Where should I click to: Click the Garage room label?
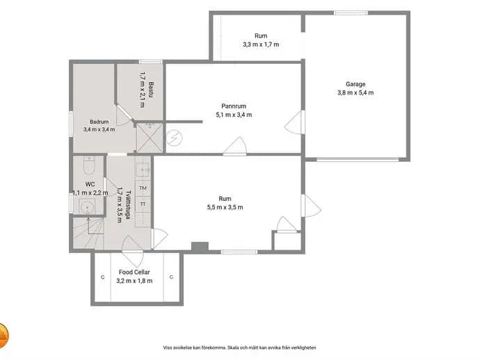[x=355, y=84]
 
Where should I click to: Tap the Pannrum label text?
[x=234, y=106]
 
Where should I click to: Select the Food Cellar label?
[x=134, y=272]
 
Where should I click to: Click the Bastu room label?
[x=151, y=90]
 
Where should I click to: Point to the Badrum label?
[x=99, y=122]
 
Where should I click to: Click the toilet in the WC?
[x=89, y=165]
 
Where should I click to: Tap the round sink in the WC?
[x=87, y=207]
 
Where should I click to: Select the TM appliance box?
[x=143, y=188]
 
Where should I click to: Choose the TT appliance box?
[x=143, y=204]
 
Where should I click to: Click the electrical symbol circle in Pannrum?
[x=175, y=138]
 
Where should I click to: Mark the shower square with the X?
[x=149, y=138]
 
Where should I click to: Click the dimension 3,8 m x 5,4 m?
[x=355, y=92]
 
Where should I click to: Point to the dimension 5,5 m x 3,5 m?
[x=225, y=207]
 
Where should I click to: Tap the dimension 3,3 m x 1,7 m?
[x=261, y=44]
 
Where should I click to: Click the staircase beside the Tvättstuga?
[x=89, y=233]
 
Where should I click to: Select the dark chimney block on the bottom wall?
[x=200, y=247]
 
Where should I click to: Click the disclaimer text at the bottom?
[x=239, y=347]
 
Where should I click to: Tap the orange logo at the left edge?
[x=3, y=336]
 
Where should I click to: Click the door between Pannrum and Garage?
[x=294, y=122]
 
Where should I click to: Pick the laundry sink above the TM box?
[x=143, y=169]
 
